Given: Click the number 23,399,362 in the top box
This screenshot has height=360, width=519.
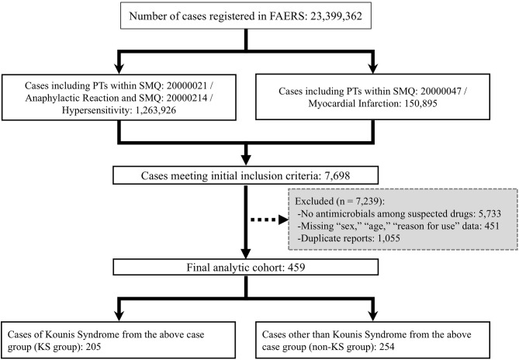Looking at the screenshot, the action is pyautogui.click(x=336, y=16).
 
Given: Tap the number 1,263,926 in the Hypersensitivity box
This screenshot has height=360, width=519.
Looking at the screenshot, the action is pyautogui.click(x=156, y=110).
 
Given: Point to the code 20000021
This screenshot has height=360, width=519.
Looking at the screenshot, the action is pyautogui.click(x=187, y=85).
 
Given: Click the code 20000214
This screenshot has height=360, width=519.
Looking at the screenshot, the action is pyautogui.click(x=187, y=98).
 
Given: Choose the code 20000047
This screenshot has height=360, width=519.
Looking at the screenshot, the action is pyautogui.click(x=441, y=91).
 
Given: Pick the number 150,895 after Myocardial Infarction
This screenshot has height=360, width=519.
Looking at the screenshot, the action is pyautogui.click(x=420, y=103).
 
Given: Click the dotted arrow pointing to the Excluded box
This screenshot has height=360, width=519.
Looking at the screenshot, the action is pyautogui.click(x=268, y=220).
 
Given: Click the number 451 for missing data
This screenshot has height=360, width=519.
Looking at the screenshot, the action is pyautogui.click(x=492, y=226).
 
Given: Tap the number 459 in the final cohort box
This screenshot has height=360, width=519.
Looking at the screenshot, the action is pyautogui.click(x=296, y=267).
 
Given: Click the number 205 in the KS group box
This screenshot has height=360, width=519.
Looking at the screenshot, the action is pyautogui.click(x=93, y=347).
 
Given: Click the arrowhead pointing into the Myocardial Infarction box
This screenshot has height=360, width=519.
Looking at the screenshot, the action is pyautogui.click(x=373, y=67).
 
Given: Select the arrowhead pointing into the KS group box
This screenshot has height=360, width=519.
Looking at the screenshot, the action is pyautogui.click(x=119, y=315).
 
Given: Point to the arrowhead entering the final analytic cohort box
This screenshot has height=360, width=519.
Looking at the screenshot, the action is pyautogui.click(x=246, y=252).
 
